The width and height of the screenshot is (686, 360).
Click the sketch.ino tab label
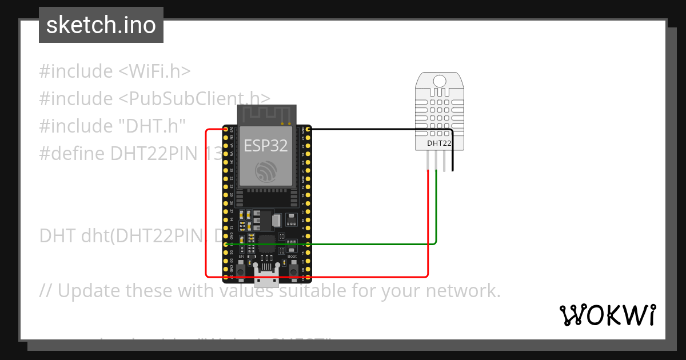[x=101, y=25]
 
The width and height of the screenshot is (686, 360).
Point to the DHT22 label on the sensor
[x=440, y=143]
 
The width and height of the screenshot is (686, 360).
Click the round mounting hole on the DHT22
[x=440, y=81]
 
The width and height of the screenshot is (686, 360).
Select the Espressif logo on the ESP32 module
[x=267, y=172]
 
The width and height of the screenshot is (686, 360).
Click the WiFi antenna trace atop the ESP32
[x=267, y=114]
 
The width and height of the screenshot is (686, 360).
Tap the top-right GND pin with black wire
[x=308, y=130]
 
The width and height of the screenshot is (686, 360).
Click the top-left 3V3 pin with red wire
[x=226, y=130]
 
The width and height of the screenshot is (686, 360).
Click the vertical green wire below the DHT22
[x=437, y=206]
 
